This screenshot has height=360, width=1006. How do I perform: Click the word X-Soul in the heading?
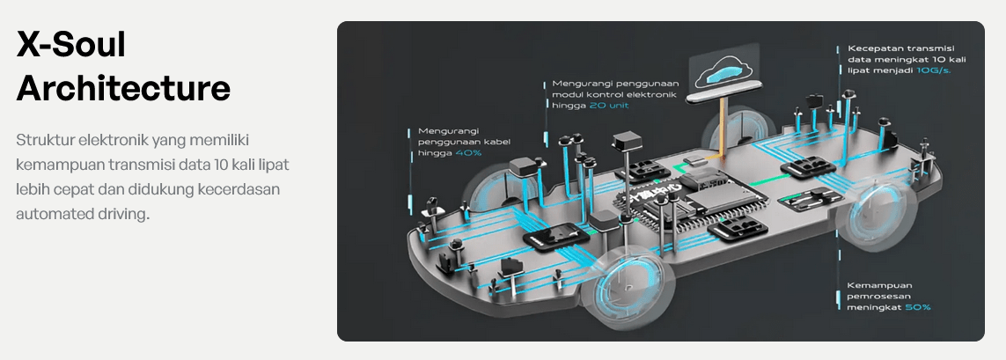click(x=71, y=45)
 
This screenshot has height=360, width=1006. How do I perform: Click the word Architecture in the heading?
click(x=123, y=88)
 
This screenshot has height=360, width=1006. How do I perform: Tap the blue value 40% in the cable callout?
click(x=468, y=153)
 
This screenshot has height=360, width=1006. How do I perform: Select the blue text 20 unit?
click(x=610, y=106)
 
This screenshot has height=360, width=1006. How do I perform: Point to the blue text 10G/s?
click(x=934, y=70)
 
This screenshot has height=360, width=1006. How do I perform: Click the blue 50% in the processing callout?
click(x=917, y=308)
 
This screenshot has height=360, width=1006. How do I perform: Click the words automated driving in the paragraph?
click(x=83, y=214)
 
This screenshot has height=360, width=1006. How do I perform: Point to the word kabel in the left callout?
click(x=497, y=142)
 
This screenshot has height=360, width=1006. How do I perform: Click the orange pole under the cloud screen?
click(x=723, y=129)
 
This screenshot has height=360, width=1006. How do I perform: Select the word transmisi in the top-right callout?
click(x=934, y=48)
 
